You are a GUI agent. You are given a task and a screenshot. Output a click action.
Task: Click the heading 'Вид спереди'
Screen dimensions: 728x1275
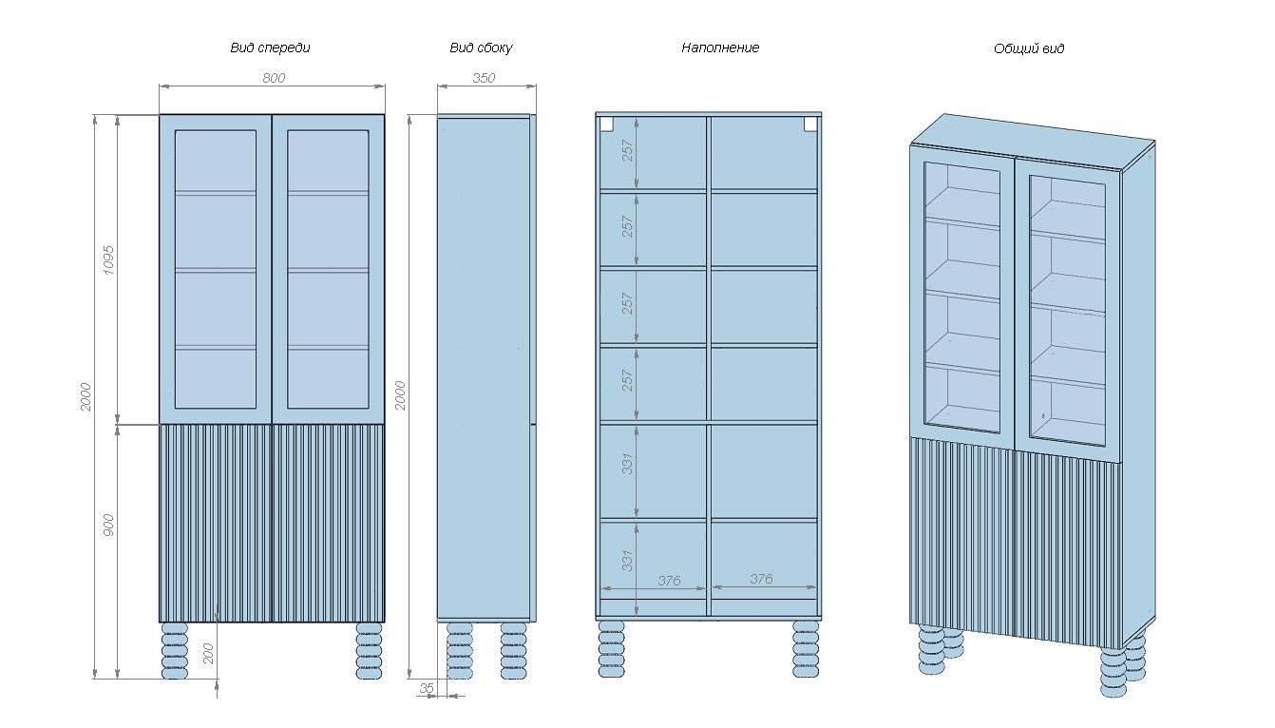pos(270,48)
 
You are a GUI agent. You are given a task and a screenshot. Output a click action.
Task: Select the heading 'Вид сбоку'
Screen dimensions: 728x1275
pos(481,48)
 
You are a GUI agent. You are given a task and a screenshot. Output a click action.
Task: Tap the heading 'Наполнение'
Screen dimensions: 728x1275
pos(720,48)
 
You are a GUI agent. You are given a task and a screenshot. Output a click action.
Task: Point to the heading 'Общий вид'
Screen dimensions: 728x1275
pos(1029,48)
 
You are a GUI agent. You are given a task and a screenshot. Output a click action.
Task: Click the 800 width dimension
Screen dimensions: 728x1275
pos(274,78)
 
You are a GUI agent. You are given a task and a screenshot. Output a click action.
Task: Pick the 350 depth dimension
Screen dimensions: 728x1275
pos(484,78)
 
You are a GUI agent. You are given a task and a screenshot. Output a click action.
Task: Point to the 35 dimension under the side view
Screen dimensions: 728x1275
pos(427,688)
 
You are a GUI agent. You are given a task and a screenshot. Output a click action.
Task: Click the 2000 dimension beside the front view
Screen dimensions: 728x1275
pos(85,396)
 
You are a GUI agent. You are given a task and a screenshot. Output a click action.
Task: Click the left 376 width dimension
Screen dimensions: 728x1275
pos(670,580)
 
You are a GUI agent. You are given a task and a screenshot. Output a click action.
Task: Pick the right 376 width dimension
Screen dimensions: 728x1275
pos(761,578)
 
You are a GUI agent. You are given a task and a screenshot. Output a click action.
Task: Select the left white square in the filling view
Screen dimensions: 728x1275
pos(606,124)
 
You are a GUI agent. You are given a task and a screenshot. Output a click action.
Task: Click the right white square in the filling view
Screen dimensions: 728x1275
pos(810,124)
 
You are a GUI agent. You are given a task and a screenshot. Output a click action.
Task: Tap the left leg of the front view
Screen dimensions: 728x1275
pos(176,650)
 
